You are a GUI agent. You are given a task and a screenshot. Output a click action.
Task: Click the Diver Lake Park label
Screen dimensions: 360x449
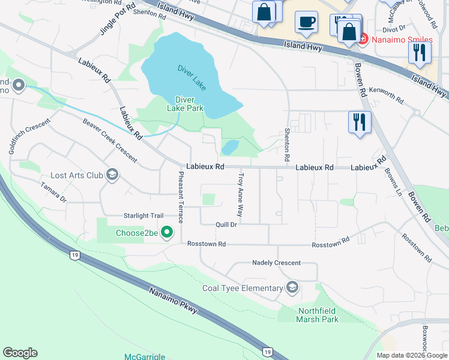[x=189, y=104]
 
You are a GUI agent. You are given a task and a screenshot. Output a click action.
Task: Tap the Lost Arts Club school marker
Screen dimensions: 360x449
[x=111, y=175]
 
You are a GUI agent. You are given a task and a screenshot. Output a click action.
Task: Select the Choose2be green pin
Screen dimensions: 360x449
[x=168, y=233]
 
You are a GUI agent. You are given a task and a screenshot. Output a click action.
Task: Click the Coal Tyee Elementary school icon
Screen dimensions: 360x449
[x=292, y=288]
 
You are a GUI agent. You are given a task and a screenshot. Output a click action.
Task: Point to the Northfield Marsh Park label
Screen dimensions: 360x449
[x=318, y=315]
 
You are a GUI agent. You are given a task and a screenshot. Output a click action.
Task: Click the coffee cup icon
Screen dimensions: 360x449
[x=306, y=23]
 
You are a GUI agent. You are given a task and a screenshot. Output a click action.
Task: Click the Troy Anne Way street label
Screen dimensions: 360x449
[x=241, y=195]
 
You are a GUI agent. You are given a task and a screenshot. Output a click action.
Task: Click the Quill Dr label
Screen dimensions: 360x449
[x=226, y=224]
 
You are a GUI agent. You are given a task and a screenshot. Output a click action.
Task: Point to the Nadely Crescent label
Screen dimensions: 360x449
[x=276, y=263]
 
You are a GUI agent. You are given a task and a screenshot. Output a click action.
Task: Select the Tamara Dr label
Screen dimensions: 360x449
[x=53, y=193]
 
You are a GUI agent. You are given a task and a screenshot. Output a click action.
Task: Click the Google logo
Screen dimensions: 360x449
[x=20, y=353]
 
